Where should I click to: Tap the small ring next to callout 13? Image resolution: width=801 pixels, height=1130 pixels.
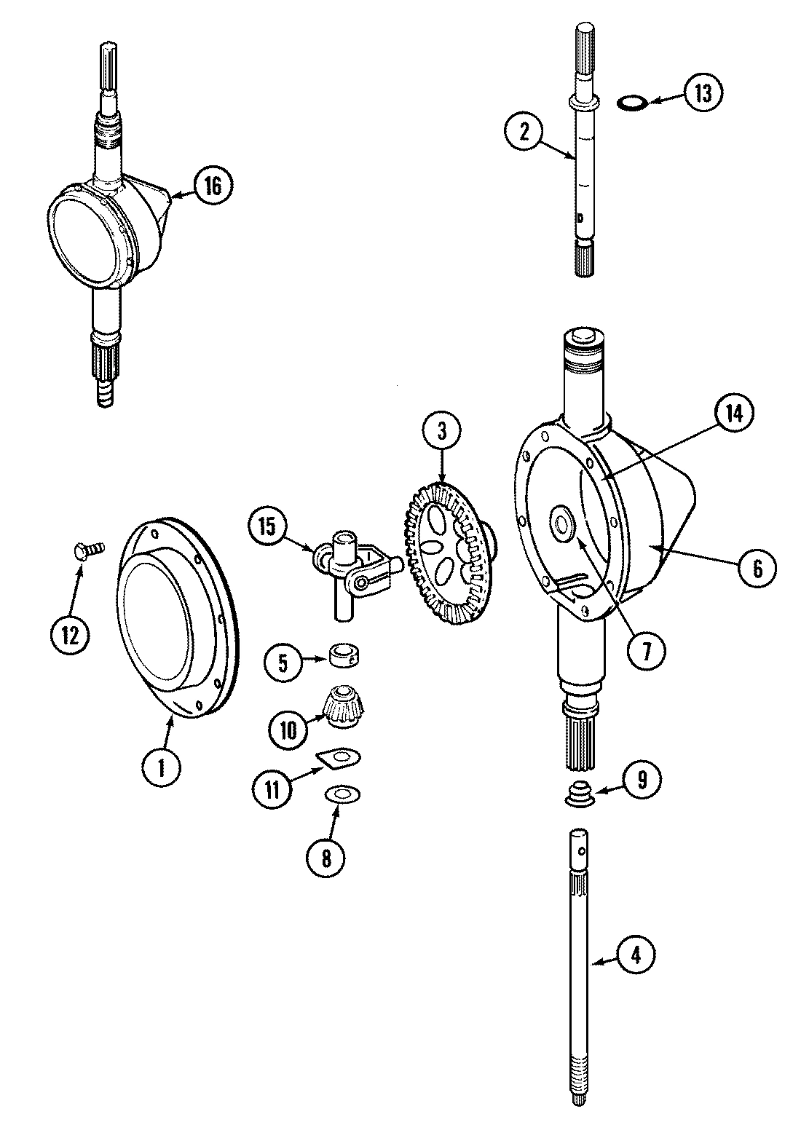[631, 103]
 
